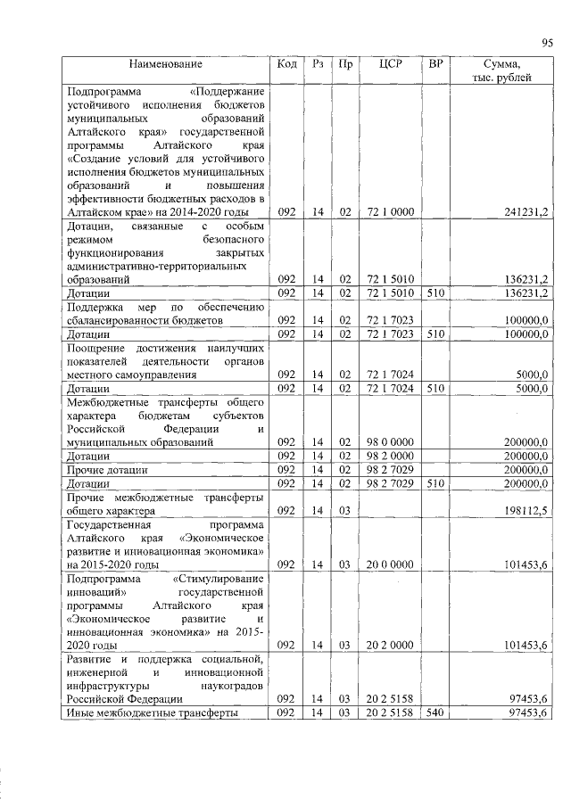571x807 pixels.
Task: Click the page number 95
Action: coord(548,42)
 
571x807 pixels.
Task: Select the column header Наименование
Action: coord(165,64)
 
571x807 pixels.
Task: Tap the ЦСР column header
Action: coord(388,64)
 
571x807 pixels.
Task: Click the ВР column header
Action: coord(435,64)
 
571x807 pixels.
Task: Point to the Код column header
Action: coord(287,64)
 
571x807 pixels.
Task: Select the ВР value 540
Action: coord(435,714)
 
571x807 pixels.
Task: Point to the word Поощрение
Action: coord(96,347)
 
